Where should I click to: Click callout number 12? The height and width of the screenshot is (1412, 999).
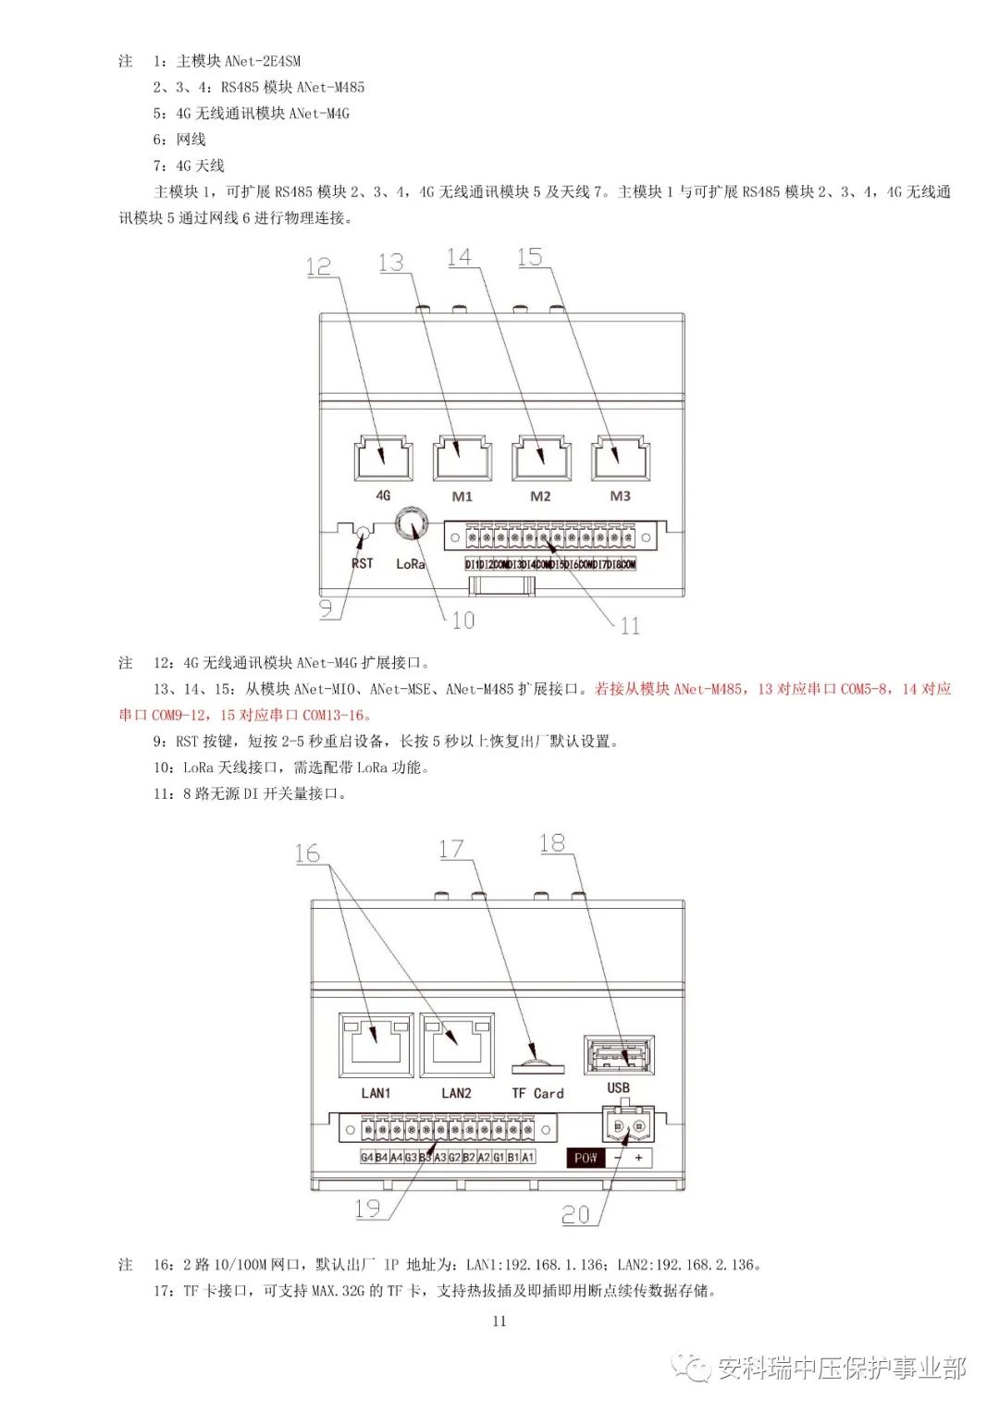click(x=318, y=266)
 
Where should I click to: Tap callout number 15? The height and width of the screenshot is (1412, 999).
click(x=530, y=257)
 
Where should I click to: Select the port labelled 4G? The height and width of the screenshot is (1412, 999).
click(x=383, y=458)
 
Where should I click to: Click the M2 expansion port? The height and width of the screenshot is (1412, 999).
click(x=541, y=458)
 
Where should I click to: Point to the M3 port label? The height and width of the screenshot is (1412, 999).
click(x=620, y=497)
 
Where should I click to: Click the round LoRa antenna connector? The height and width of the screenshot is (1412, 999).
click(x=410, y=524)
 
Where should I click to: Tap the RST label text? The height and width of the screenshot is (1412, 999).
click(x=362, y=563)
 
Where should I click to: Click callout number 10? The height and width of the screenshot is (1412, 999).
click(x=462, y=620)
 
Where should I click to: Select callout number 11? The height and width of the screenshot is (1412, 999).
click(x=630, y=626)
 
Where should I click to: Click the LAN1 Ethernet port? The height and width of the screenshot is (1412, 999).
click(x=376, y=1046)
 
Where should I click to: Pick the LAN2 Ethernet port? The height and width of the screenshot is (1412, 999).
click(x=456, y=1046)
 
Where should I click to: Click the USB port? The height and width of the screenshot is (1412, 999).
click(x=619, y=1055)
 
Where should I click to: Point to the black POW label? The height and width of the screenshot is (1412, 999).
click(x=586, y=1158)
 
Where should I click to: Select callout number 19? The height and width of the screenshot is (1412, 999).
click(x=367, y=1209)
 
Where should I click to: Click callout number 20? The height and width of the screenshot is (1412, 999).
click(x=575, y=1214)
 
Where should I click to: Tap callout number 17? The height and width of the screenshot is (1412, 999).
click(x=450, y=849)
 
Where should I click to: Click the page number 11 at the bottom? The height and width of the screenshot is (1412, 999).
click(x=499, y=1320)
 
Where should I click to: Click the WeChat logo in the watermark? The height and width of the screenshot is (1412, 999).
click(x=691, y=1367)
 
